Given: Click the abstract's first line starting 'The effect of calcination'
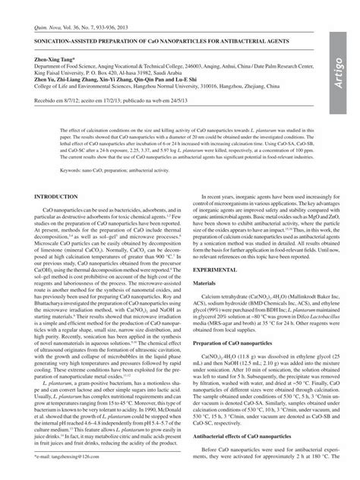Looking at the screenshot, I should pos(152,131).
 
